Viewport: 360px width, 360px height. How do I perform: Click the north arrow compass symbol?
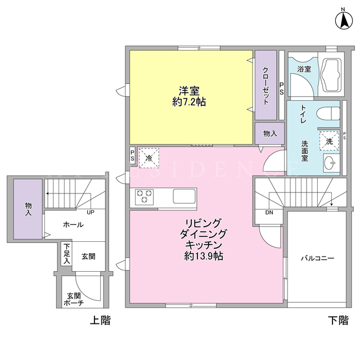[x=344, y=21]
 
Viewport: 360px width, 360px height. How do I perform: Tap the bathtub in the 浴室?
[x=331, y=75]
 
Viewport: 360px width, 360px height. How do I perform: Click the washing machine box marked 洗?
[x=329, y=141]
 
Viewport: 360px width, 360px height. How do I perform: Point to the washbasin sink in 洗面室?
[x=331, y=163]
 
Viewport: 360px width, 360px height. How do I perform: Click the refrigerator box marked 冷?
[x=149, y=158]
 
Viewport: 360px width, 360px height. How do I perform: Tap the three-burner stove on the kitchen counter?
[x=144, y=197]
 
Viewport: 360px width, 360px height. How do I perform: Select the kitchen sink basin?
[x=184, y=196]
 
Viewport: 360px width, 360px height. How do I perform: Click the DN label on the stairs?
[x=269, y=213]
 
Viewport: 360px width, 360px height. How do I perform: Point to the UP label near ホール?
[x=91, y=213]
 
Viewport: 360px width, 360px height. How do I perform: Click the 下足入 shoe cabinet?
[x=66, y=254]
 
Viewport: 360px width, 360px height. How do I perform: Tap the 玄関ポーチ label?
[x=74, y=299]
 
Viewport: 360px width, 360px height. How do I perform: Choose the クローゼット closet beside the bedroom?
[x=265, y=85]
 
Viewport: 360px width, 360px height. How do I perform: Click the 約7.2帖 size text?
[x=189, y=102]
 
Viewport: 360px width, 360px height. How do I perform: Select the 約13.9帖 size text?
[x=204, y=256]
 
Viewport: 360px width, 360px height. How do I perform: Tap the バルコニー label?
[x=317, y=259]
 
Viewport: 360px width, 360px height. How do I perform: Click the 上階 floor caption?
[x=100, y=320]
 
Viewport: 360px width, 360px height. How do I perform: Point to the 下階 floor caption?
[x=338, y=320]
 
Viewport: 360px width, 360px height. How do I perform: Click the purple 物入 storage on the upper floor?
[x=28, y=209]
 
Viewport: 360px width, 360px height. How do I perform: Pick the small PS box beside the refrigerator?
[x=133, y=155]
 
